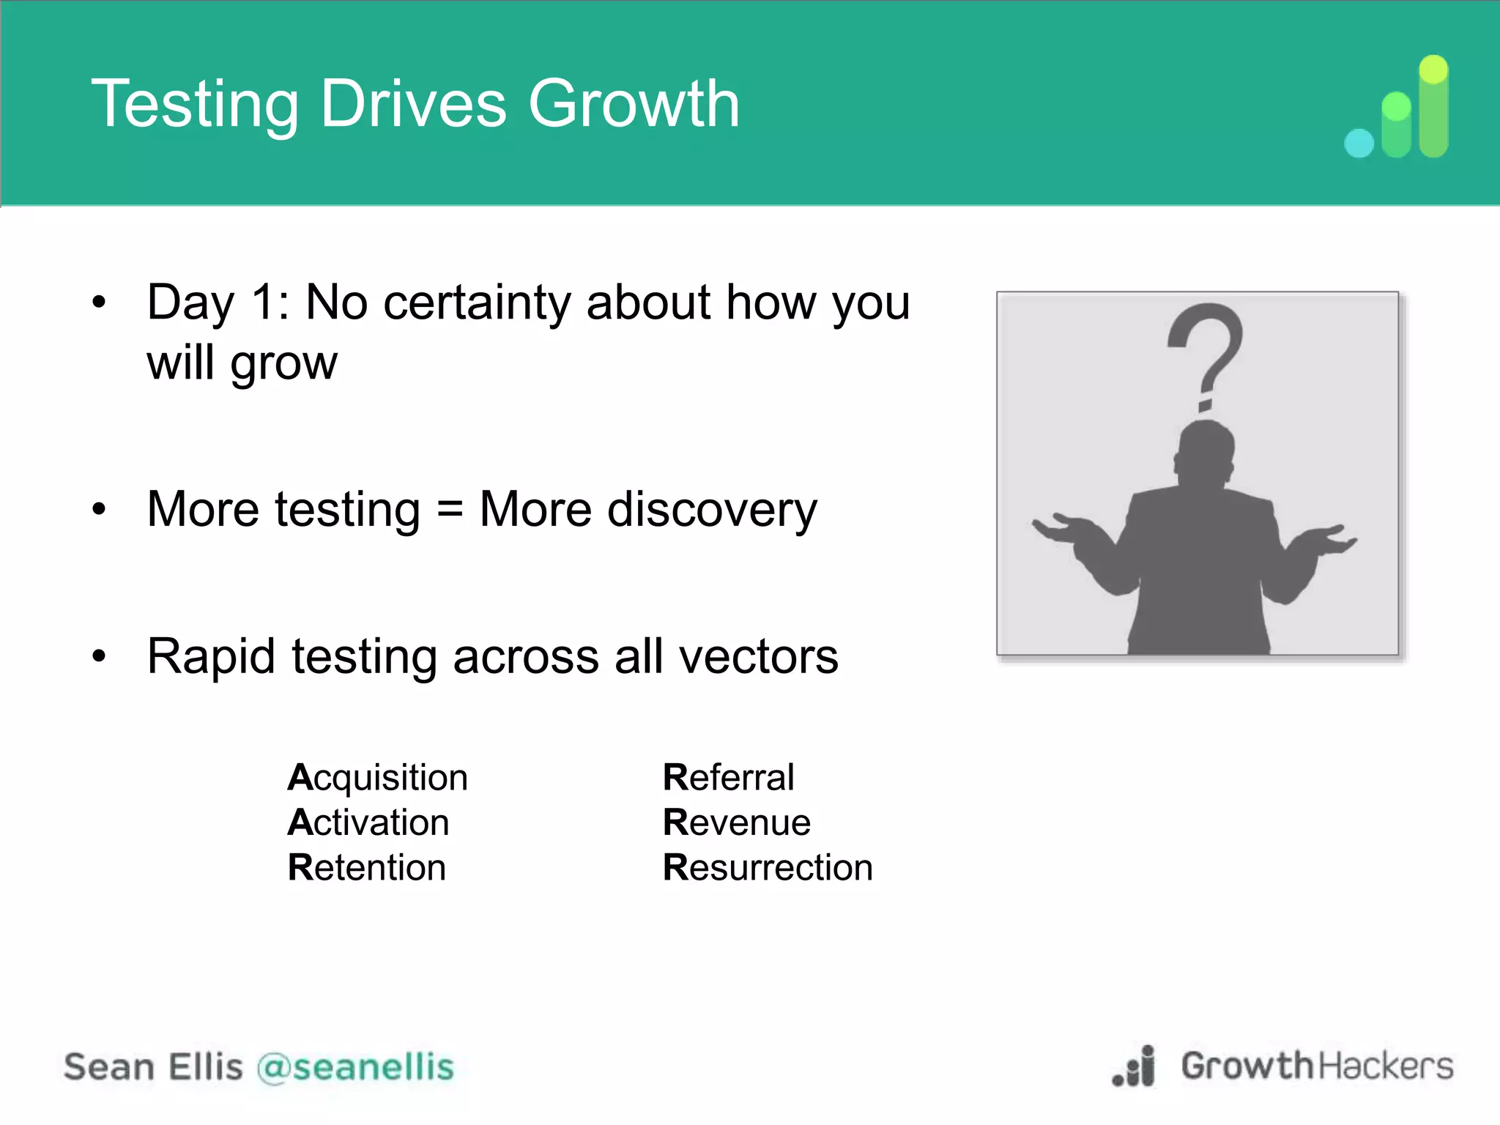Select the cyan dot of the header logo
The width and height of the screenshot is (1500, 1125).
coord(1359,143)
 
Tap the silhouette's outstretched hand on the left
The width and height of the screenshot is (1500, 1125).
coord(1062,527)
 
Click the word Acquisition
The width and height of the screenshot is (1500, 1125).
coord(377,777)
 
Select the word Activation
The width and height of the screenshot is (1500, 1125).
coord(368,823)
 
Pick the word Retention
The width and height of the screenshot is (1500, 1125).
coord(366,868)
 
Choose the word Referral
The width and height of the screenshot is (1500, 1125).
coord(728,777)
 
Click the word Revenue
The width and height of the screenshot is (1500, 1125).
coord(736,823)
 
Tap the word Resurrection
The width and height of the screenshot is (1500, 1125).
coord(768,868)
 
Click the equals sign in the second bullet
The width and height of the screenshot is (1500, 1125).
coord(450,510)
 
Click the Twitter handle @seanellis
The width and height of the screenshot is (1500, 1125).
coord(355,1067)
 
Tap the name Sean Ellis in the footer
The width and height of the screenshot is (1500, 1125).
coord(153,1067)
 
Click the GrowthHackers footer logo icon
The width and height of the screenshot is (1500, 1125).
coord(1135,1067)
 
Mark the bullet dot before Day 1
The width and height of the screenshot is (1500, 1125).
coord(99,302)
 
